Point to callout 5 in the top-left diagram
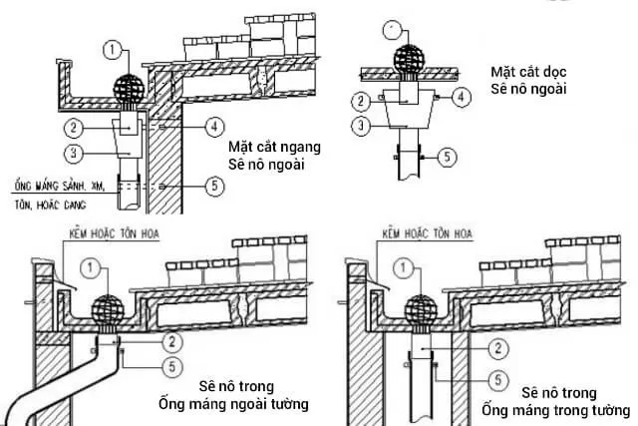pyautogui.click(x=212, y=186)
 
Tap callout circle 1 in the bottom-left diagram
pyautogui.click(x=92, y=268)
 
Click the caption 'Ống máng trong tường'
pyautogui.click(x=554, y=408)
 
